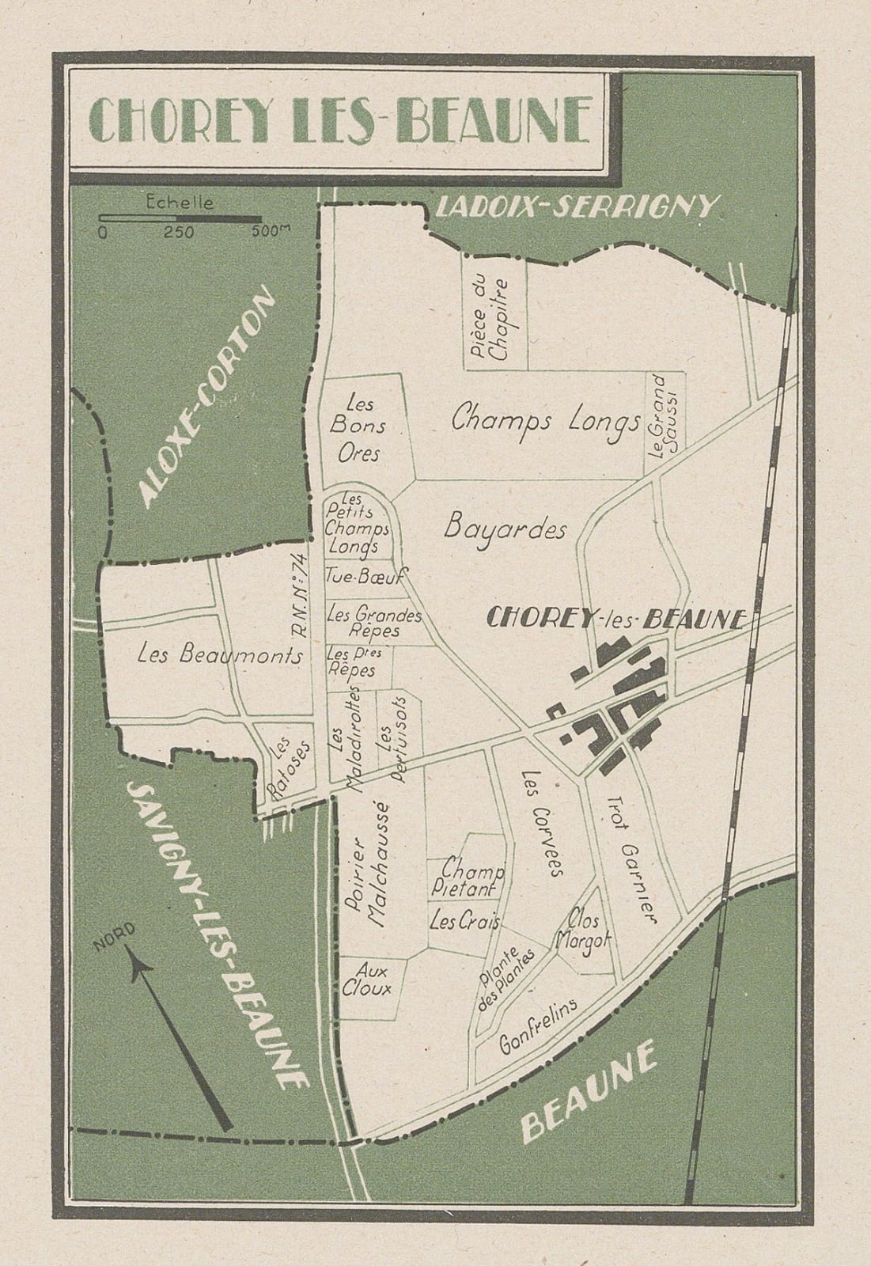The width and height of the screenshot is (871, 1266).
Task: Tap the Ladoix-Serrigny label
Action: pos(575,207)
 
